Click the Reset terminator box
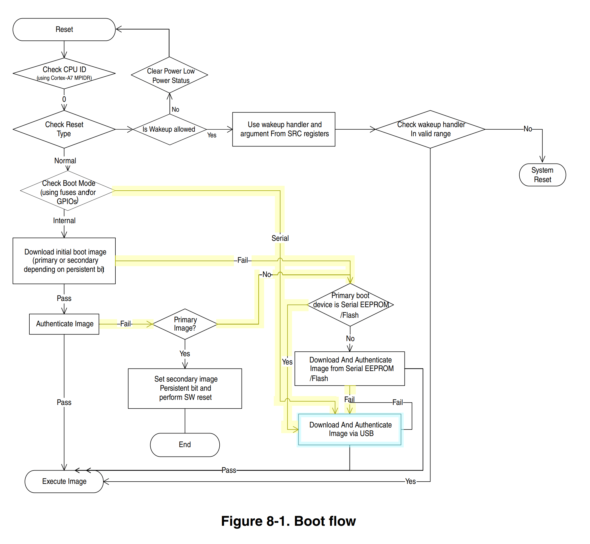pos(64,29)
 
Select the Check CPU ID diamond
pos(64,73)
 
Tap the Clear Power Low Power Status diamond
pos(170,75)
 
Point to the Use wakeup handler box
pos(284,129)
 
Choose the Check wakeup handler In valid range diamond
pos(430,129)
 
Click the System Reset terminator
pos(542,175)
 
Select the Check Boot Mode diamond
pos(68,191)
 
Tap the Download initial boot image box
pos(64,261)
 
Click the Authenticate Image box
pos(64,324)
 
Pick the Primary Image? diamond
pos(185,324)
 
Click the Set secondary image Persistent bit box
pos(185,389)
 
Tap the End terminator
pos(185,445)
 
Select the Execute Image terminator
pos(64,482)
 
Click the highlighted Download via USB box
pos(350,429)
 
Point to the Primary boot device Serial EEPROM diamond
pos(350,305)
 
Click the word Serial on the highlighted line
pos(280,239)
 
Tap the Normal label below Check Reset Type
pos(65,161)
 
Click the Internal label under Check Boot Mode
pos(64,221)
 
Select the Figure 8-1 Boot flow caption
pos(288,521)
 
